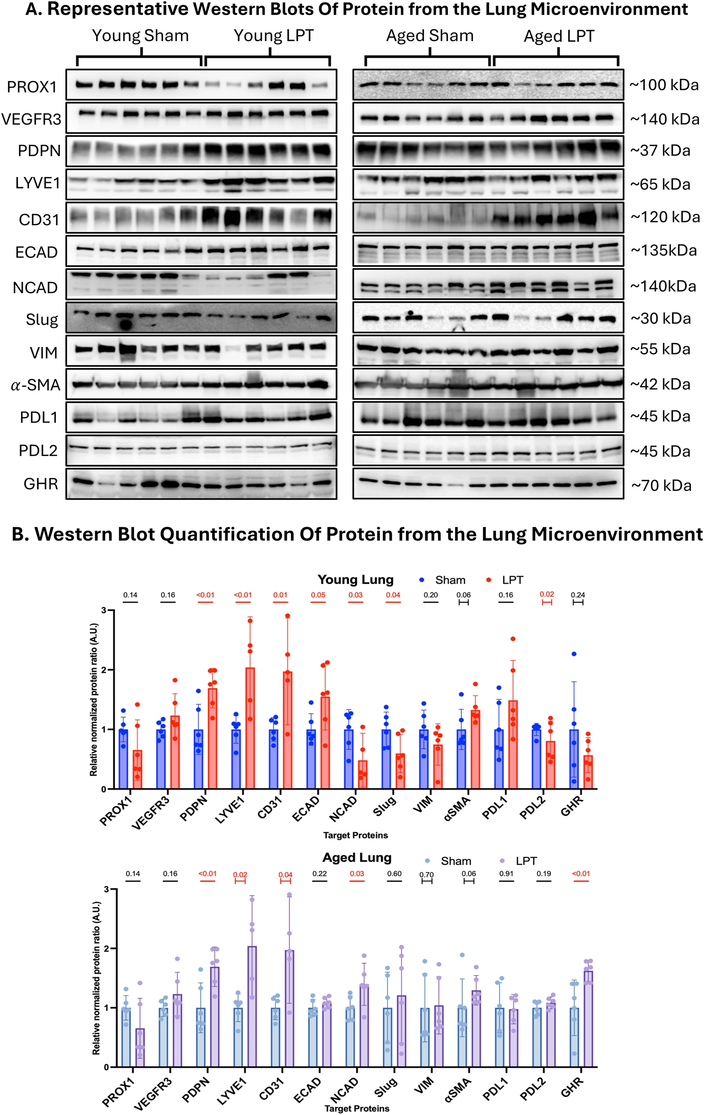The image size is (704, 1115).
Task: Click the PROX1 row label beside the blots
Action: (32, 87)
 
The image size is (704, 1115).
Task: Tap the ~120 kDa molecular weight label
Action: (664, 217)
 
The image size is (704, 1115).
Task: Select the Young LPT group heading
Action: (273, 36)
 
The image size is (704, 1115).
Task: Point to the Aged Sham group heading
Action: (430, 36)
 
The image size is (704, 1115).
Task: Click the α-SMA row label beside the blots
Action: (36, 385)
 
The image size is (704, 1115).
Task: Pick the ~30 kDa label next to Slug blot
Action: (660, 319)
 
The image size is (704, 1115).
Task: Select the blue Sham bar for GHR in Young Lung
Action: (574, 759)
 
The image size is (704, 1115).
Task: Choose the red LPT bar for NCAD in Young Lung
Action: (363, 774)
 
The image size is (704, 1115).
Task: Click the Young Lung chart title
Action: (355, 580)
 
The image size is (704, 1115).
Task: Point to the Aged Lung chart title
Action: (356, 858)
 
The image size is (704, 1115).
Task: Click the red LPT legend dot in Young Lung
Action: (489, 580)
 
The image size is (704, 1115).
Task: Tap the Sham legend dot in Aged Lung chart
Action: (427, 861)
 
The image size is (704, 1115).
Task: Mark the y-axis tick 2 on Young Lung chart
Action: (104, 670)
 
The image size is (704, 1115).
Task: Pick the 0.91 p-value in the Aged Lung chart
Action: (506, 874)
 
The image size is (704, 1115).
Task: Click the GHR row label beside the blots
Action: (41, 484)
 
